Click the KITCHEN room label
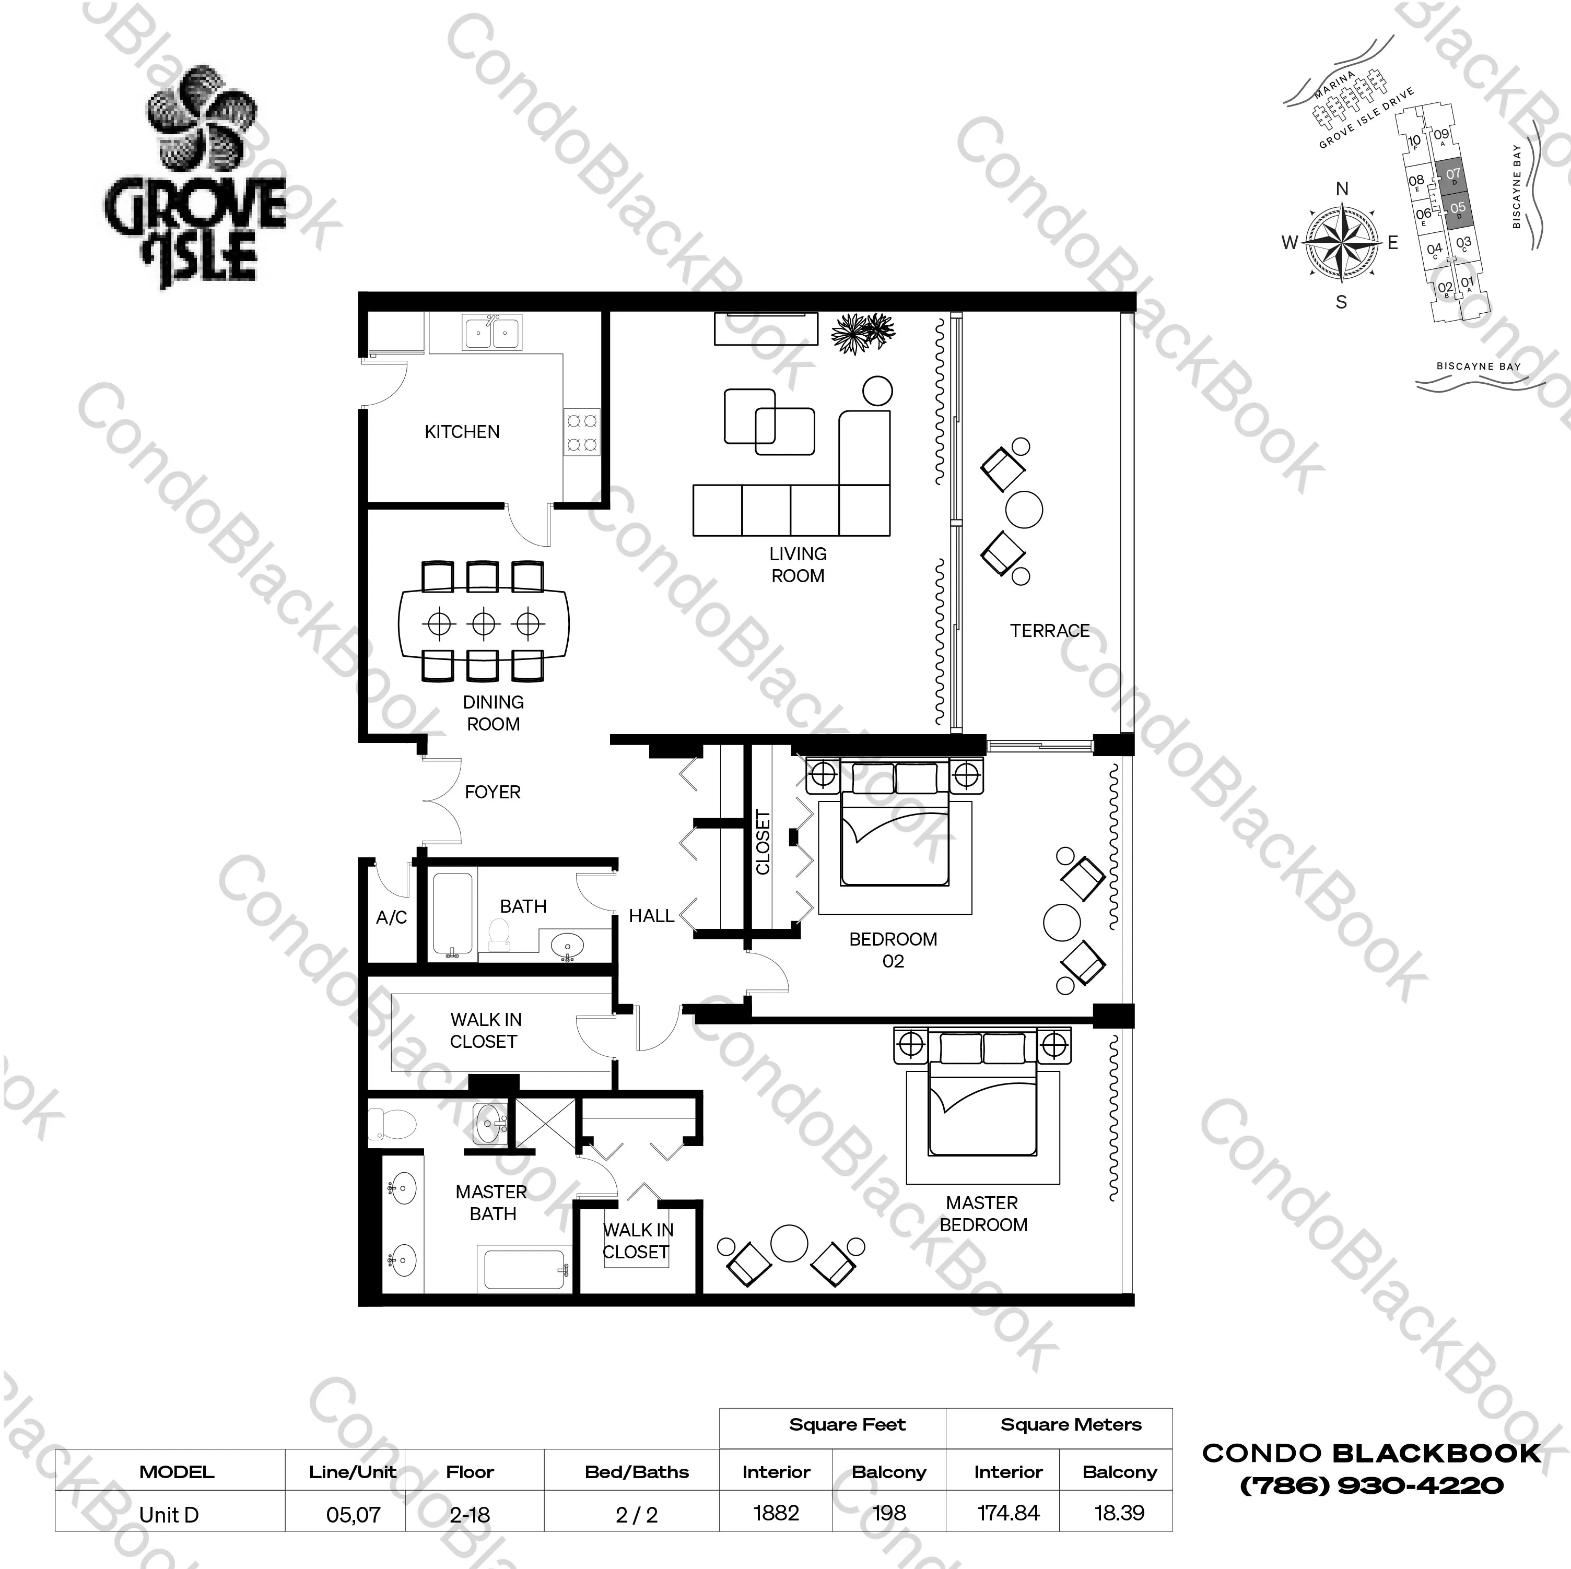click(x=462, y=432)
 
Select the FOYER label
click(x=492, y=792)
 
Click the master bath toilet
click(x=393, y=1125)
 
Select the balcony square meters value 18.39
click(x=1119, y=1513)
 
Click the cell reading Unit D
click(x=169, y=1515)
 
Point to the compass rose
click(x=1342, y=243)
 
